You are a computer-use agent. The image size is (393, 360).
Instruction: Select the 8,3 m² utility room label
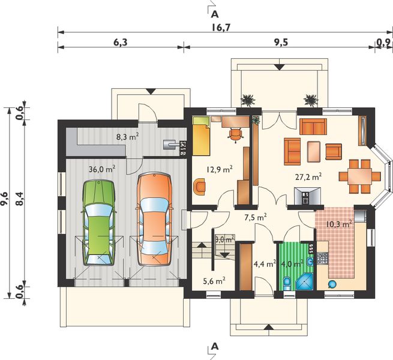(127, 136)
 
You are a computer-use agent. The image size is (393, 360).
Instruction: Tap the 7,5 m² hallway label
(256, 217)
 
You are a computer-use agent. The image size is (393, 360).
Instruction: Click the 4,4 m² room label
(264, 263)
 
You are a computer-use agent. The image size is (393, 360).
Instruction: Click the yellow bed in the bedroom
(201, 135)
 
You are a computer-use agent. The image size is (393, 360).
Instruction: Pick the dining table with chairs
(360, 176)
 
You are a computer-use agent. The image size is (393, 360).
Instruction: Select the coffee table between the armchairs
(313, 151)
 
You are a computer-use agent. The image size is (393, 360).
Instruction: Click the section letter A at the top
(214, 11)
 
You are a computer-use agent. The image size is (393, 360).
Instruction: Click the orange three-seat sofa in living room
(313, 127)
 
